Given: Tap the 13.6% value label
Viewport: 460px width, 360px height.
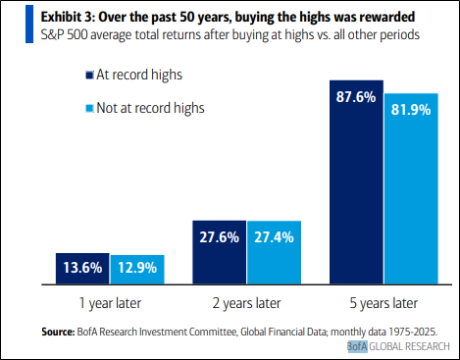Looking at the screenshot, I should coord(81,266).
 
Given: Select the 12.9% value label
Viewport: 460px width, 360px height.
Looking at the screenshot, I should coord(136,267).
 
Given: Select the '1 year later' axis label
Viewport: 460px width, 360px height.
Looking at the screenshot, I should coord(109,301).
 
